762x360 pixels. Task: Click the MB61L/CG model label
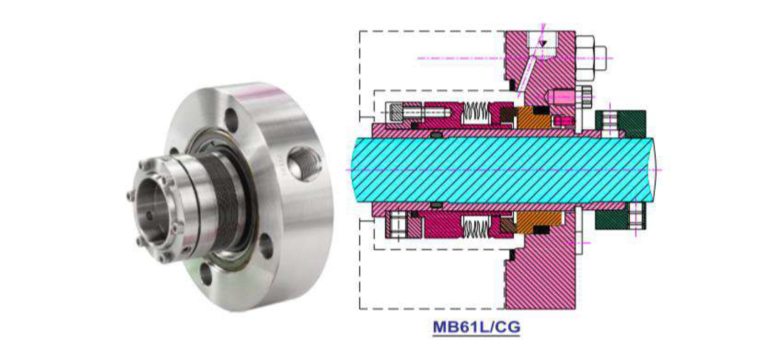[x=476, y=327]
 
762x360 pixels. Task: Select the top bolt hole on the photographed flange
[x=232, y=119]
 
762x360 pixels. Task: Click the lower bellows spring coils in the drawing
[x=476, y=227]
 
